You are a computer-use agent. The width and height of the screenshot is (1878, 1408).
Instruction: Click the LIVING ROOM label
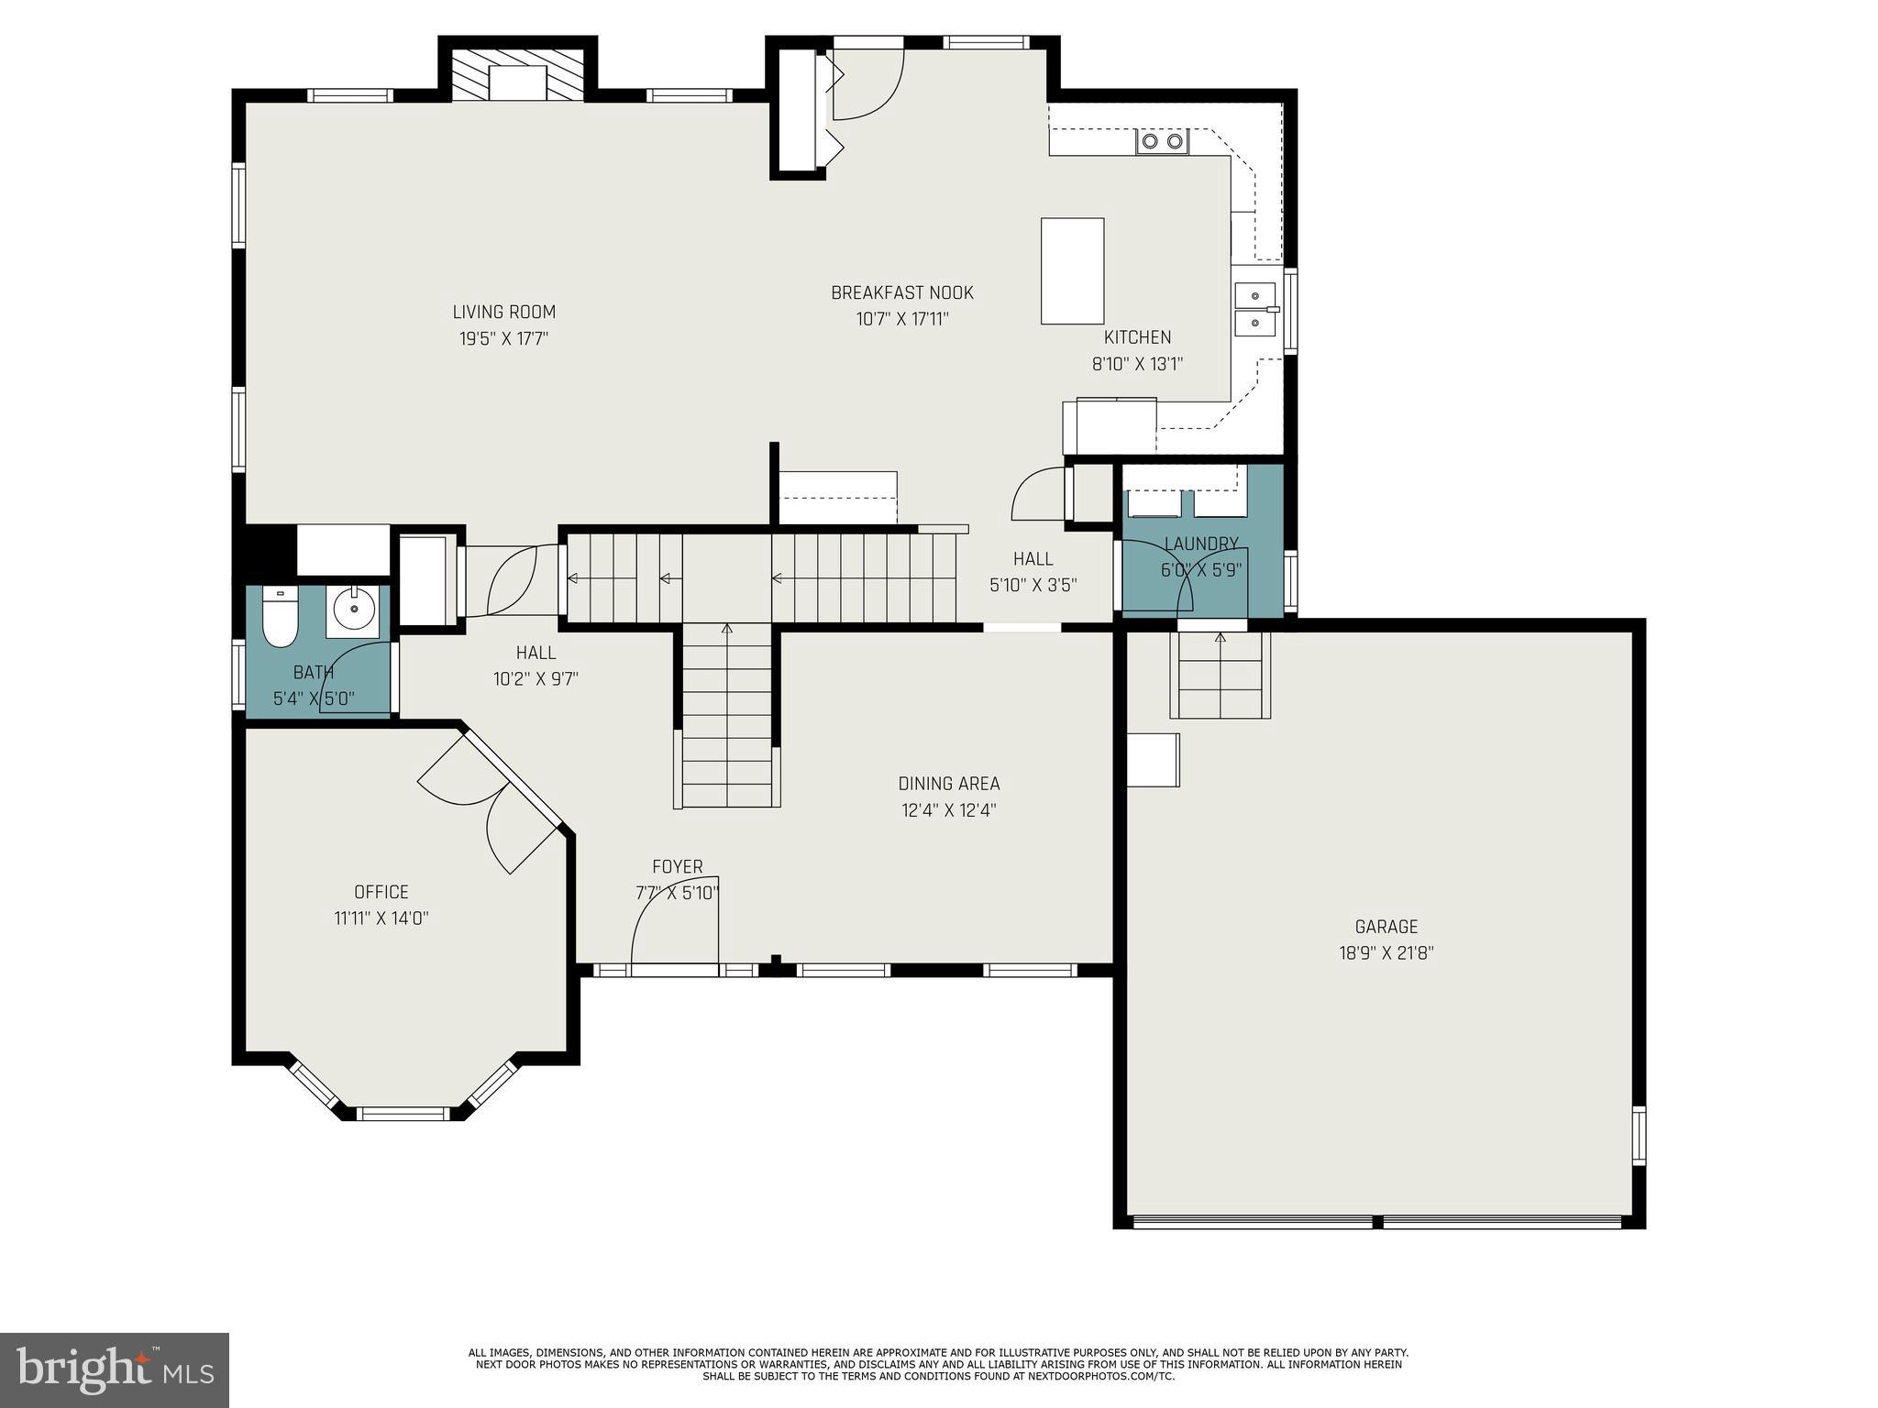pos(503,312)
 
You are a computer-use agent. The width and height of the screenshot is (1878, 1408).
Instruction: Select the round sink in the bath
pos(353,608)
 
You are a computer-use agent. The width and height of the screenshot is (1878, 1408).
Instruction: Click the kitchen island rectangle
pos(1072,270)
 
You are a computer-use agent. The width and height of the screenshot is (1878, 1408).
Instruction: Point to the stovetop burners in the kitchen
pos(1162,141)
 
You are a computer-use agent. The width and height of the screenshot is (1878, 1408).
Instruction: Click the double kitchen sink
pos(1254,310)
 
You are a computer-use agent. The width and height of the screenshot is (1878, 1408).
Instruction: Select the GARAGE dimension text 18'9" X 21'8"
pos(1386,952)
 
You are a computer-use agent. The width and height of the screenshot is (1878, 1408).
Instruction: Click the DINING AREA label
pos(948,784)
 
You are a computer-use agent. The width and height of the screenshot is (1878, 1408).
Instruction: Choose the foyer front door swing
pos(674,926)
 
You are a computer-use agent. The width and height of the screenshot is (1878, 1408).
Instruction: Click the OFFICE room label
pos(381,892)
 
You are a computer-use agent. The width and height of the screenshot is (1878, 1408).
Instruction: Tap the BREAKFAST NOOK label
pos(901,292)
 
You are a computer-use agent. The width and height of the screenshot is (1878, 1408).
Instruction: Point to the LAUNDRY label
pos(1201,544)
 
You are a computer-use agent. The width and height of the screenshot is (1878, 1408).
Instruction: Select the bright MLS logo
pos(115,1369)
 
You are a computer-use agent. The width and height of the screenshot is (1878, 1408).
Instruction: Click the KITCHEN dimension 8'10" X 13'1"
pos(1137,364)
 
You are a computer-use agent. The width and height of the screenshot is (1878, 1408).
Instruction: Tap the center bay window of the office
pos(403,1114)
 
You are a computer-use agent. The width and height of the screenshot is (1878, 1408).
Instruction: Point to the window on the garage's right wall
pos(1638,1135)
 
